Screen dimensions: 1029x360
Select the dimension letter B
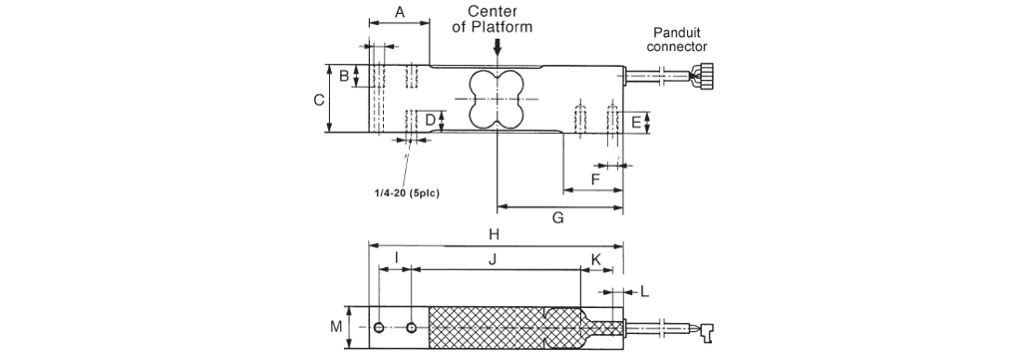(x=344, y=76)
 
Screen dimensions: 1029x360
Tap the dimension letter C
(x=319, y=100)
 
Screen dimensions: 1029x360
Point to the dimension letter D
(x=431, y=120)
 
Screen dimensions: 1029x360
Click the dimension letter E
(x=636, y=122)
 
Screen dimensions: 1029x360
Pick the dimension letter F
(x=595, y=179)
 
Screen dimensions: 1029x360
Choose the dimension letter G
(x=558, y=217)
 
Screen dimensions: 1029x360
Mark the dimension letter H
(x=495, y=234)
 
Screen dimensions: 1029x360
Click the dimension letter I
(x=397, y=257)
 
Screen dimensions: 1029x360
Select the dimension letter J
(x=494, y=259)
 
